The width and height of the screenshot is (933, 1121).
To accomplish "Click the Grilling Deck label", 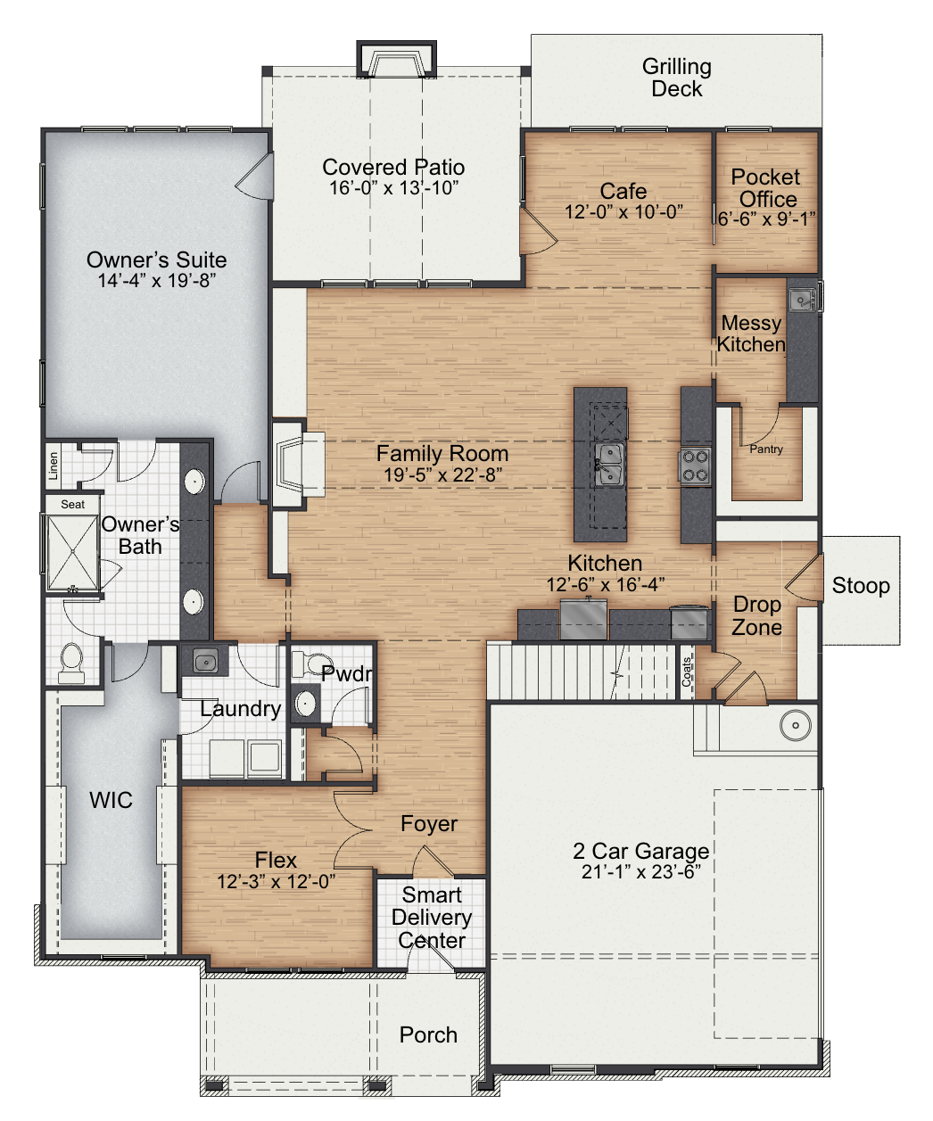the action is pos(676,78).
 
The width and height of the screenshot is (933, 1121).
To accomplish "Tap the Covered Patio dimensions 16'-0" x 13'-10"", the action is pos(393,188).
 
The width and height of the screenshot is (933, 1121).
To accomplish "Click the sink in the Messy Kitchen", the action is pos(802,300).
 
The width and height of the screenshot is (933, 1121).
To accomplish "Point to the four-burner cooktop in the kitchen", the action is pos(695,466).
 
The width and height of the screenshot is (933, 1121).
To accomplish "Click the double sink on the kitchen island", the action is pos(608,465).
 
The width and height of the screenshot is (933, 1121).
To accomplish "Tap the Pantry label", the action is pos(766,449).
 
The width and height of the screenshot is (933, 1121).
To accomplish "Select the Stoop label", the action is pos(861,585).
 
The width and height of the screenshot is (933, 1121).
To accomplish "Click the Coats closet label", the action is pos(687,672).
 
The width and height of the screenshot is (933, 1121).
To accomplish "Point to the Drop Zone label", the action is pos(756,615).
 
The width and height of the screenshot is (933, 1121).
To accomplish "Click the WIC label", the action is pos(111,800).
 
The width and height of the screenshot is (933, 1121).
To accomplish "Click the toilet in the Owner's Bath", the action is pos(70,663).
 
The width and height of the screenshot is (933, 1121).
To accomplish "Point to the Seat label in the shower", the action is pos(72,504).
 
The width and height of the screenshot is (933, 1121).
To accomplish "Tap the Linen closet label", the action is pos(54,466).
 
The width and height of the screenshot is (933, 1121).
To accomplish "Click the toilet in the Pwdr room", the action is pos(310,664).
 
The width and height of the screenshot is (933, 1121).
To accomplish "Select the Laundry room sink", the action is pos(205,662).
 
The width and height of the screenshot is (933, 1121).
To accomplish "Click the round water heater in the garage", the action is pos(796,725).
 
